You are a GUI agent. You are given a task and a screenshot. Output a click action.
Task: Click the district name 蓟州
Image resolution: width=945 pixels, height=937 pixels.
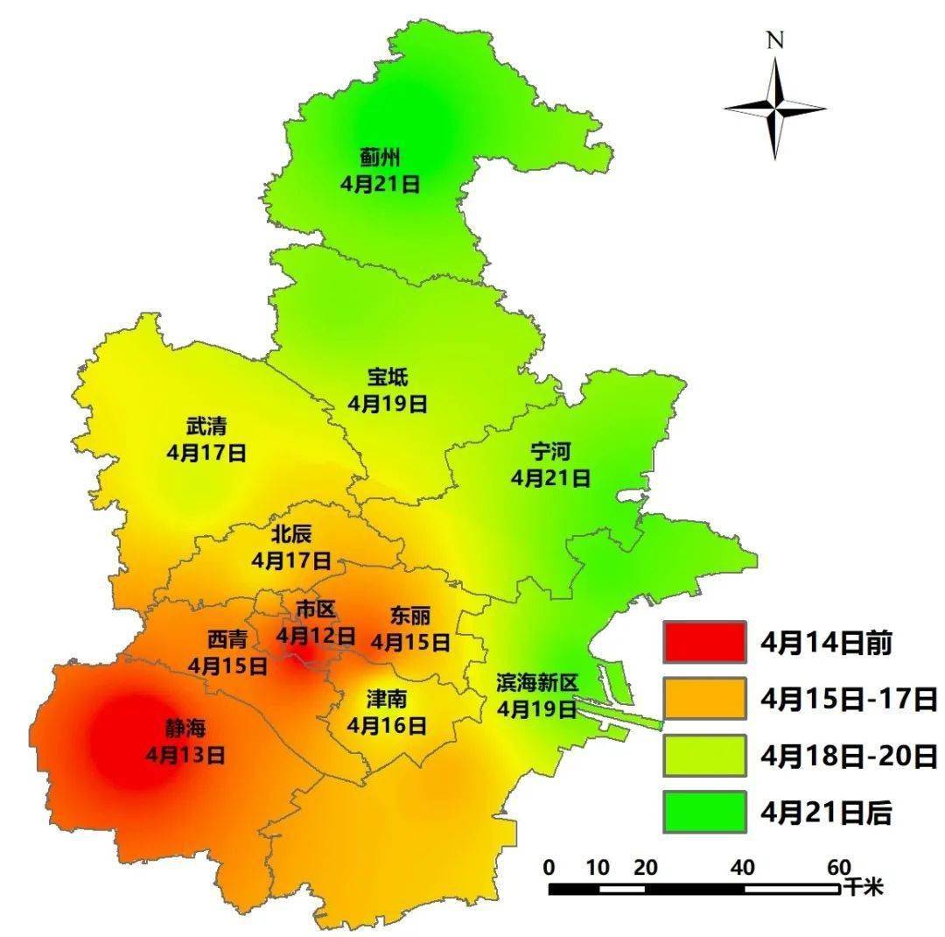[x=380, y=159]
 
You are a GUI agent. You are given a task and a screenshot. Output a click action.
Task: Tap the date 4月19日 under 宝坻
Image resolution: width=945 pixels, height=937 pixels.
[x=387, y=404]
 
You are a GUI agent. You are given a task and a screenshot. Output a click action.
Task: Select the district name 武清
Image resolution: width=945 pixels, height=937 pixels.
[x=206, y=427]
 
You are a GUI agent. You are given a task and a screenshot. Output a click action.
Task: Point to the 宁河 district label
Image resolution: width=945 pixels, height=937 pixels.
[x=550, y=453]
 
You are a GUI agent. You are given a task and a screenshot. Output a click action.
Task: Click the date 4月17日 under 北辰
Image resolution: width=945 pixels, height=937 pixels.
[x=291, y=560]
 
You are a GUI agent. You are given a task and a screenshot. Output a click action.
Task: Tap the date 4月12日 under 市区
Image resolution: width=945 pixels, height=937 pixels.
[x=316, y=635]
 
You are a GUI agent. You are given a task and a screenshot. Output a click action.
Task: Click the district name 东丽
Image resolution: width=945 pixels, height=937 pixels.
[x=410, y=616]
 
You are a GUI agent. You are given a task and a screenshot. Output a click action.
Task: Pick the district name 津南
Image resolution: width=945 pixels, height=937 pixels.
[x=387, y=700]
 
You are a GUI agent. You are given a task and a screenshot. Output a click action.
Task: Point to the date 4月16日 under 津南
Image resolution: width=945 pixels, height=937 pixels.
[x=387, y=725]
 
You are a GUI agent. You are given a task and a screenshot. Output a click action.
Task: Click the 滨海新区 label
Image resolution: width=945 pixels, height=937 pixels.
[x=537, y=682]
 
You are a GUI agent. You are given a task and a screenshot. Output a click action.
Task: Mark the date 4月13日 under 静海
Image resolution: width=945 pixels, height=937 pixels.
[x=185, y=754]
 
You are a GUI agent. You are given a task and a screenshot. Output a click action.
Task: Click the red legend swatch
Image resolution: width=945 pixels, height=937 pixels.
[x=704, y=642]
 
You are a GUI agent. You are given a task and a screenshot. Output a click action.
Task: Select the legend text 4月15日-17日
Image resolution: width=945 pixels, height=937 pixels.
[x=849, y=699]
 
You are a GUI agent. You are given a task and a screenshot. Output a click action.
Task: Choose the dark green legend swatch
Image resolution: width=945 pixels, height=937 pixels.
[x=704, y=812]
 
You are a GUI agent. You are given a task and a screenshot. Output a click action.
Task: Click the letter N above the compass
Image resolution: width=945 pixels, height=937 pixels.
[x=774, y=40]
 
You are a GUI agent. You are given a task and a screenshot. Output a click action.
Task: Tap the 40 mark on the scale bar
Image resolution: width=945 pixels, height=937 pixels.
[x=744, y=868]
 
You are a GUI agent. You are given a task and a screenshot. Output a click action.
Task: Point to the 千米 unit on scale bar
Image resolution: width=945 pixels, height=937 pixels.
[x=863, y=887]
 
